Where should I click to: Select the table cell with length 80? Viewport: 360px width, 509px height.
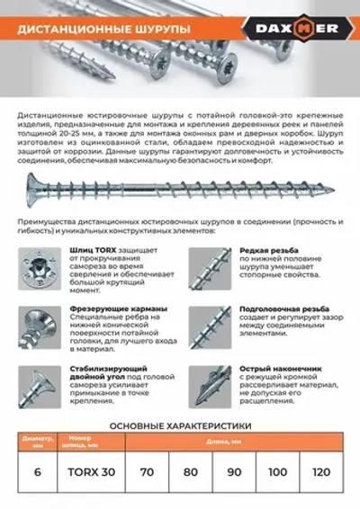(x=192, y=471)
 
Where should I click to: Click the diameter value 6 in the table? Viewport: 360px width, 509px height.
(x=36, y=471)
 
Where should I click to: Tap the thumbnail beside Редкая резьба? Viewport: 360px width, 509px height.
(x=210, y=266)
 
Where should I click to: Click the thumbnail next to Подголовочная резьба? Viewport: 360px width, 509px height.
(x=210, y=326)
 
